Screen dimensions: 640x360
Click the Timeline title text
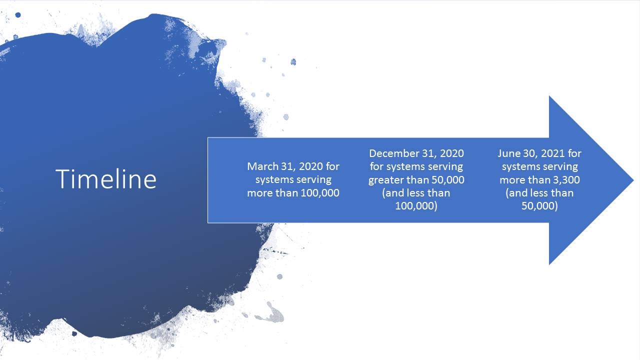106,179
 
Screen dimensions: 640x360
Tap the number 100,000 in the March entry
320,193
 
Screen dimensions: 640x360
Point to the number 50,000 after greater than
447,180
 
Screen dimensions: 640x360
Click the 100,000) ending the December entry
416,206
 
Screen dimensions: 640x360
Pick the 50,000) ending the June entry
539,206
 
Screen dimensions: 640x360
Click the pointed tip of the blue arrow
633,180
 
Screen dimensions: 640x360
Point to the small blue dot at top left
18,15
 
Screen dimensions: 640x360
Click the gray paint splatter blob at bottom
273,313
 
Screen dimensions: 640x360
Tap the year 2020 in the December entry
451,153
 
